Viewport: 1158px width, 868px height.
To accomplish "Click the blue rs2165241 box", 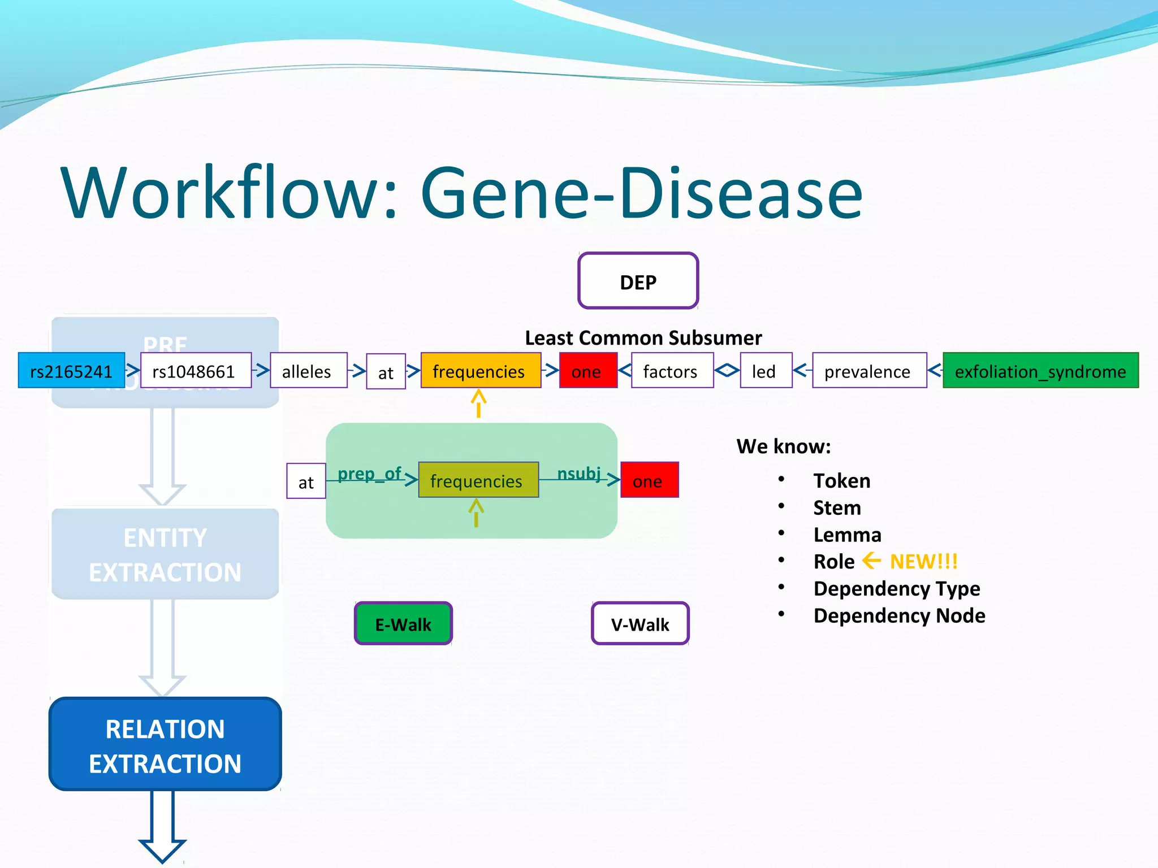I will [x=71, y=371].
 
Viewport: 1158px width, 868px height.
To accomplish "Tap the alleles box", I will [x=308, y=371].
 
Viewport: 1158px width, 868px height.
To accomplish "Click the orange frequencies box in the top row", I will [x=481, y=371].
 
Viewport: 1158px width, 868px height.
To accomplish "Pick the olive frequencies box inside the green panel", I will [x=478, y=480].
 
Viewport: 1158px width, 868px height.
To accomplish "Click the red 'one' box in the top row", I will [x=588, y=371].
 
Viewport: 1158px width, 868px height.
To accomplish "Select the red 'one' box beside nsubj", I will [x=649, y=480].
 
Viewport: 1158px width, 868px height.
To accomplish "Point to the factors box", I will [x=672, y=371].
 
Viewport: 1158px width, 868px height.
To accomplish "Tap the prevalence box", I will [x=869, y=371].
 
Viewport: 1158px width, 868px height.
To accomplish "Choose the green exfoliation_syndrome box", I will [x=1040, y=371].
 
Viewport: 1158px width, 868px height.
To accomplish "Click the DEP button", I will [x=638, y=281].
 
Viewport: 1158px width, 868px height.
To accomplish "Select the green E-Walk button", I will [x=403, y=624].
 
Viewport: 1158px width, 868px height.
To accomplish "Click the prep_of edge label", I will [x=369, y=474].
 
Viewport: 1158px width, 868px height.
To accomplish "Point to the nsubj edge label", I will [x=578, y=474].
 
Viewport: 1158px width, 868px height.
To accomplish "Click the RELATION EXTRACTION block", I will [x=165, y=745].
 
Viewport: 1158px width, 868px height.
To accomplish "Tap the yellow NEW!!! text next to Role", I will [x=923, y=562].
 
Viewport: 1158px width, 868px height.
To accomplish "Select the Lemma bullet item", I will [x=847, y=535].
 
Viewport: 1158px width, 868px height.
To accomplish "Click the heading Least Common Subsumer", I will [x=643, y=338].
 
